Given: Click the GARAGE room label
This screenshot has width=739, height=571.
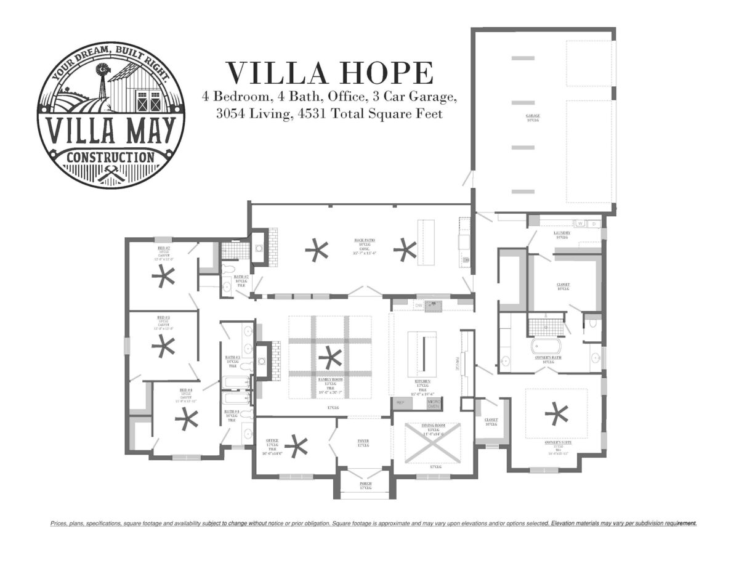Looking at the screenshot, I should pyautogui.click(x=533, y=116).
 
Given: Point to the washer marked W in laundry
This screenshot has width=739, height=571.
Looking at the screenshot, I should pyautogui.click(x=579, y=223).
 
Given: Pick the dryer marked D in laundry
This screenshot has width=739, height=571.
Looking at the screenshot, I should pyautogui.click(x=594, y=223).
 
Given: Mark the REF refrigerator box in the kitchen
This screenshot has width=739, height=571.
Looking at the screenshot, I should pyautogui.click(x=400, y=402).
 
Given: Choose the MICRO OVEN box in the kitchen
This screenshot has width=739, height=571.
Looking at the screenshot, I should pyautogui.click(x=434, y=403).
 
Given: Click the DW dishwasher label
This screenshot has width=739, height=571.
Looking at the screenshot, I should pyautogui.click(x=418, y=305).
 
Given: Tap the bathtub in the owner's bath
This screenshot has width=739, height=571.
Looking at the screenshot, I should pyautogui.click(x=546, y=345).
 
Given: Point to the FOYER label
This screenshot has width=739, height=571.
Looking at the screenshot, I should pyautogui.click(x=363, y=440).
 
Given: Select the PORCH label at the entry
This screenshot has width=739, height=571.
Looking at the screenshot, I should pyautogui.click(x=366, y=484).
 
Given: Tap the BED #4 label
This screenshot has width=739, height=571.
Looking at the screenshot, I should pyautogui.click(x=186, y=390).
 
